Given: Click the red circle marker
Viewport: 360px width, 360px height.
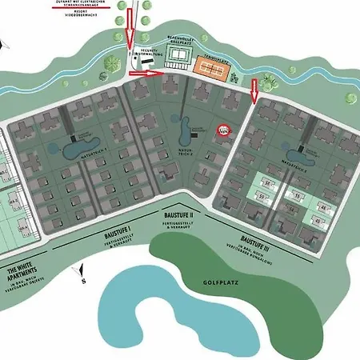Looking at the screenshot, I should pos(225,132).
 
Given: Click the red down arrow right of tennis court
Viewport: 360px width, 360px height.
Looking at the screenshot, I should pos(255,90).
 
